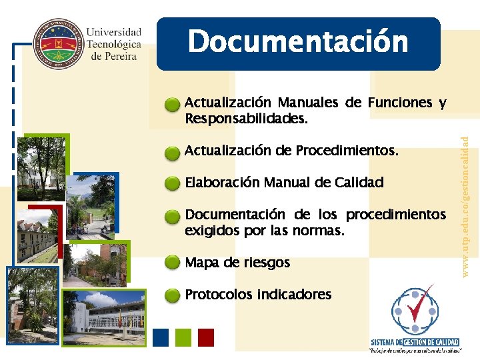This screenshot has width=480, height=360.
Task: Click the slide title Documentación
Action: point(298,42)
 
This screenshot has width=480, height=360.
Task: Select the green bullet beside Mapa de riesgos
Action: point(173,263)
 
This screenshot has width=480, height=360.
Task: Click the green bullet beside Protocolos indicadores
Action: point(173,295)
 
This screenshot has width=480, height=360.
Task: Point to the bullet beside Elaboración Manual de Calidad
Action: point(173,183)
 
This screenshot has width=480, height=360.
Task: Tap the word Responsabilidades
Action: point(246,119)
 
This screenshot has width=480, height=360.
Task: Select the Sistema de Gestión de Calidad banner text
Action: point(415,342)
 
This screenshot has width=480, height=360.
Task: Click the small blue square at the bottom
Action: point(161,337)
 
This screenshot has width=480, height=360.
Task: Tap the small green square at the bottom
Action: point(183,337)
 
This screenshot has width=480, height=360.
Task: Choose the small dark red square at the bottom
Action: point(206,337)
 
